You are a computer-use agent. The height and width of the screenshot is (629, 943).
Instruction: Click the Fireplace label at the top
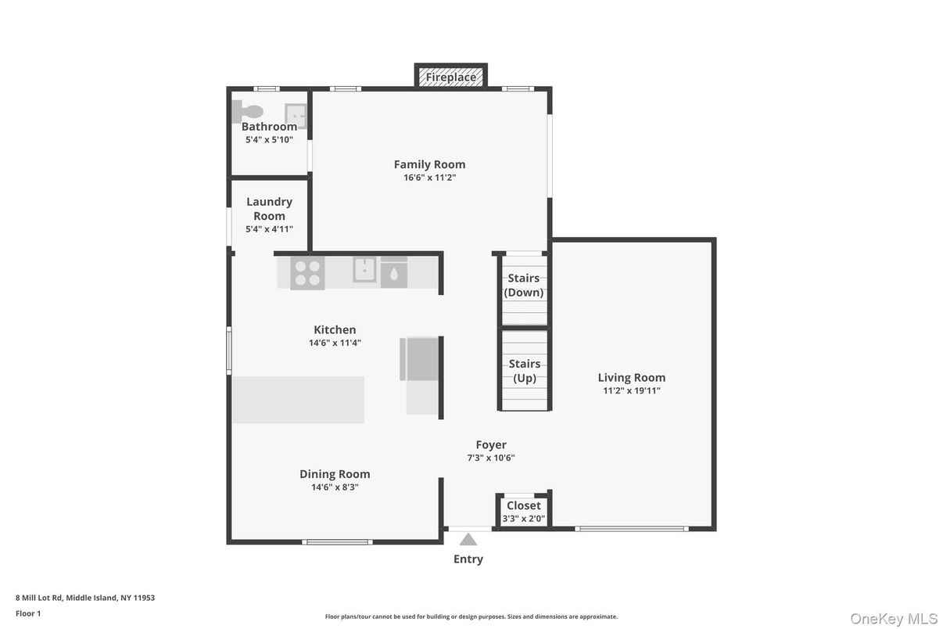451,77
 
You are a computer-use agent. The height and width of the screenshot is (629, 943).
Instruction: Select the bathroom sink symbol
295,115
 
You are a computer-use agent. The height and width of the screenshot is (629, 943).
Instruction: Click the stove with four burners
307,273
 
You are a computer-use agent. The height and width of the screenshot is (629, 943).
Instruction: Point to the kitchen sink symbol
364,270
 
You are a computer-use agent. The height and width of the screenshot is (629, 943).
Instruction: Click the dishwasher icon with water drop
393,273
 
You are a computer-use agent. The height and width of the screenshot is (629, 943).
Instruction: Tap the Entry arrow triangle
468,539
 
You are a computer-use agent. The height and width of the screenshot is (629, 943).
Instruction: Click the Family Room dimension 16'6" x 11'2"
429,178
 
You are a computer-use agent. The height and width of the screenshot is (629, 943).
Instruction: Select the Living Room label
632,377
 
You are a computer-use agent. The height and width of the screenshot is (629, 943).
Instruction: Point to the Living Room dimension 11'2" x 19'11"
632,390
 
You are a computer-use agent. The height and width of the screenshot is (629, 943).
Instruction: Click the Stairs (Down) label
524,286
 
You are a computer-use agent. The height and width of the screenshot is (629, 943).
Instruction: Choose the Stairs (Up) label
525,371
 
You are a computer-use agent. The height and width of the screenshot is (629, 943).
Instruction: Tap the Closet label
524,505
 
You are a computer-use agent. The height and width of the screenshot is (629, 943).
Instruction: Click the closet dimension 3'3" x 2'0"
524,518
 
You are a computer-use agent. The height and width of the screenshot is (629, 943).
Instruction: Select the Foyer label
491,444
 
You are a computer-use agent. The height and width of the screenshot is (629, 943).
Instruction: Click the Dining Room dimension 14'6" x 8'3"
335,487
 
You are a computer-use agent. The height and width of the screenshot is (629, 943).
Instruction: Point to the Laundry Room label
269,209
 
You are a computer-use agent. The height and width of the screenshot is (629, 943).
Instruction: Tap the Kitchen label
335,329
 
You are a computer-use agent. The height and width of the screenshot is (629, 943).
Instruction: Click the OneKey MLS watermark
894,619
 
